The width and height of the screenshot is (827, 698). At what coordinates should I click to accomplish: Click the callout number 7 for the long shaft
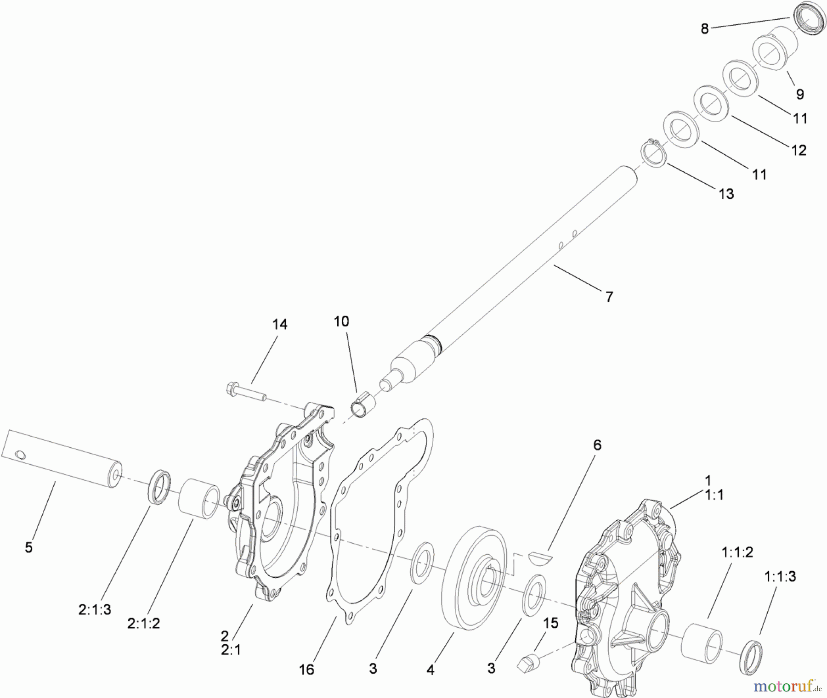(x=609, y=297)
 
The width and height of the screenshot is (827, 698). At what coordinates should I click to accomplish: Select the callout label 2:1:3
(x=95, y=609)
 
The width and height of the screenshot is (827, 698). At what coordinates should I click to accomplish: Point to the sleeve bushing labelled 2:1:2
(x=198, y=499)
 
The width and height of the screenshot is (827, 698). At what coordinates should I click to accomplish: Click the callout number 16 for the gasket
(x=306, y=670)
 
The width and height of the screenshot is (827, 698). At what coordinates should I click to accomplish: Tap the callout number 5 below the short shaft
(x=28, y=548)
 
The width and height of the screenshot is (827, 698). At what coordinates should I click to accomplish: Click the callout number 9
(x=800, y=94)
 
